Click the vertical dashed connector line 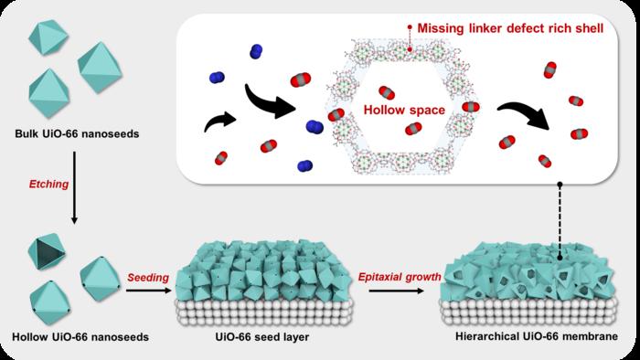559,219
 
